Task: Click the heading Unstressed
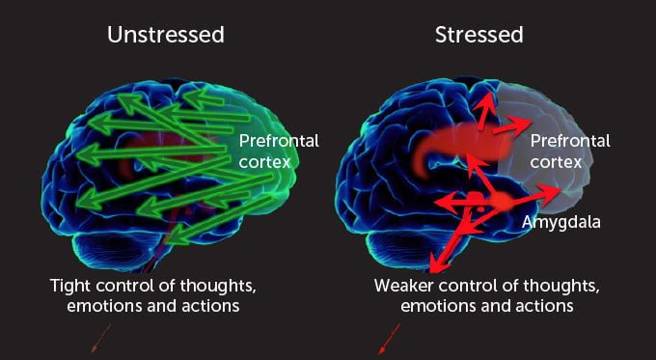166,36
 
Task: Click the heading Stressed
479,36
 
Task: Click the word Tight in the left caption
72,287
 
